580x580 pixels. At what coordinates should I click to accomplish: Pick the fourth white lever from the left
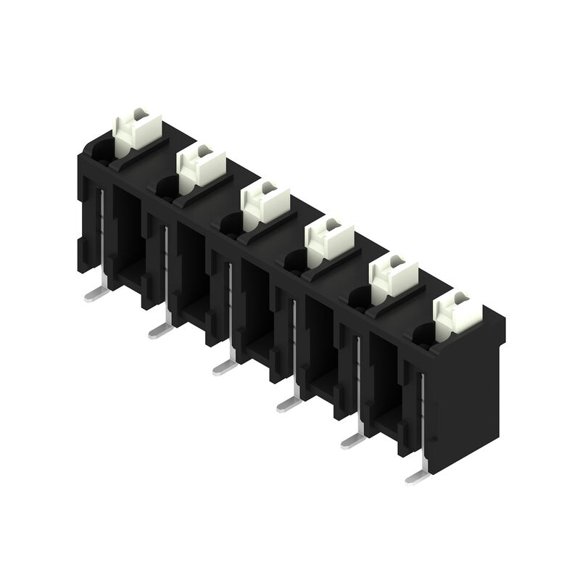(x=328, y=240)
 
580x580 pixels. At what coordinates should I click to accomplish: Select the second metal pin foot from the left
(x=159, y=331)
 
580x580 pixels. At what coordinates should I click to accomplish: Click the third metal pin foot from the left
(x=223, y=368)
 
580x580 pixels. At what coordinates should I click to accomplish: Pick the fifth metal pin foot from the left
(x=352, y=439)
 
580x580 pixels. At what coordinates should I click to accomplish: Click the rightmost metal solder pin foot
(x=416, y=476)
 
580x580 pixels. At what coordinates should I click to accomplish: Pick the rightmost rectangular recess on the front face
(x=384, y=384)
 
